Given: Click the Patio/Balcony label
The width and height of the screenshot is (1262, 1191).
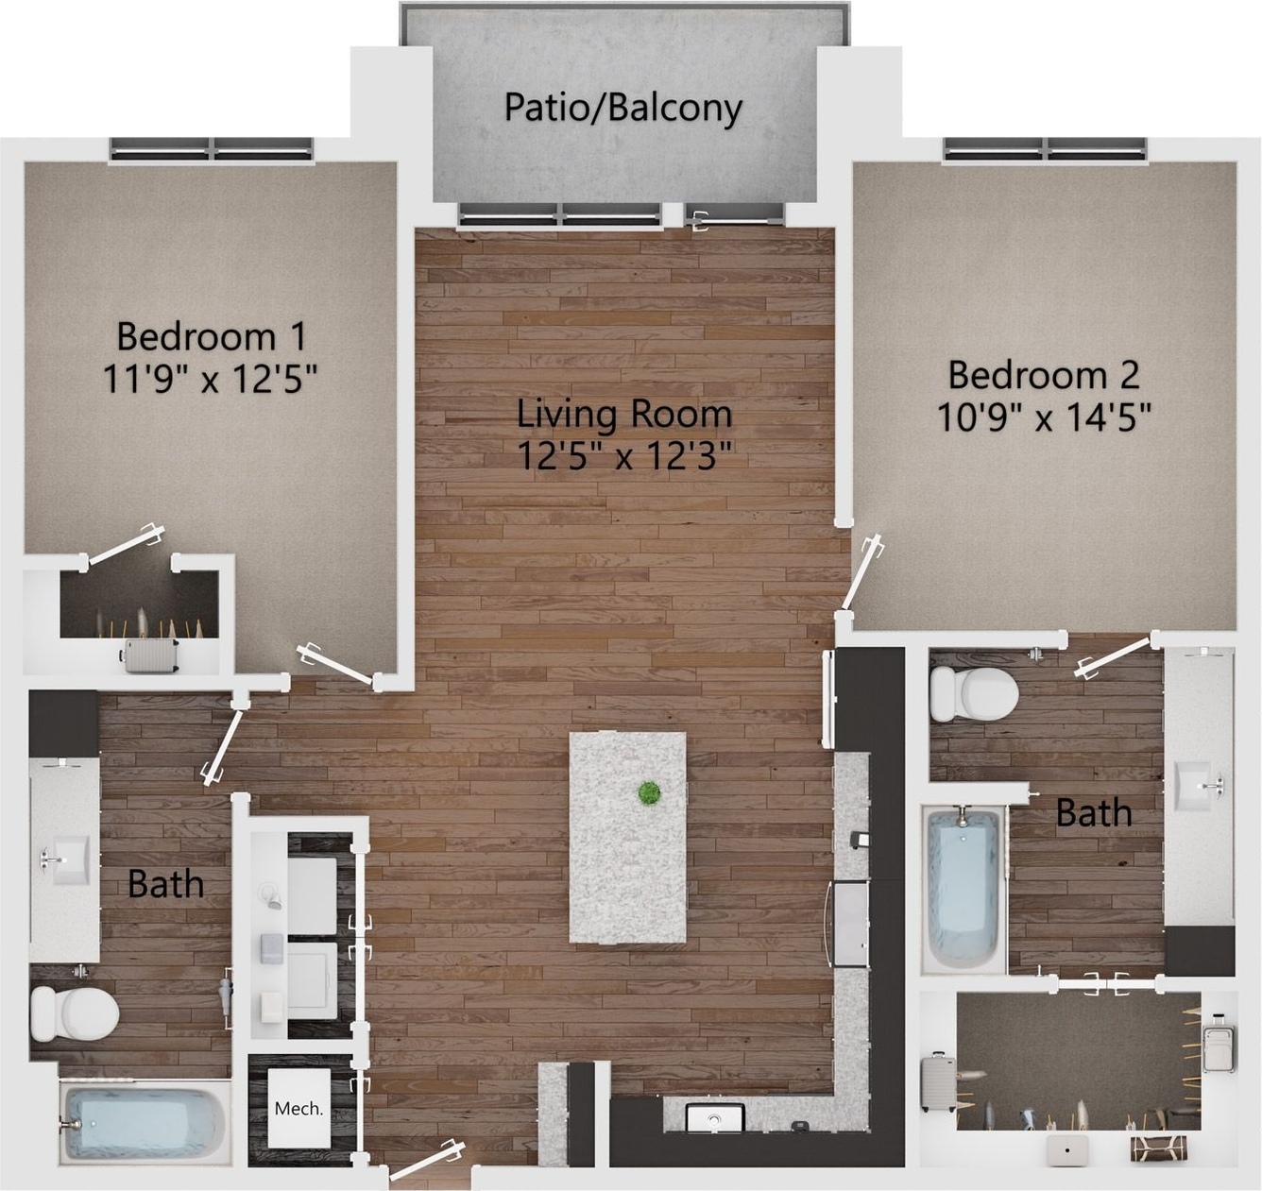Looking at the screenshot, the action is coord(623,108).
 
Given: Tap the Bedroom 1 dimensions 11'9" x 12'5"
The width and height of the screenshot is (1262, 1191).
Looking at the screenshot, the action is coord(211,379).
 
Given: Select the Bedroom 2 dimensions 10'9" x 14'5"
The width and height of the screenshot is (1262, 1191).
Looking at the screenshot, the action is coord(1044,417).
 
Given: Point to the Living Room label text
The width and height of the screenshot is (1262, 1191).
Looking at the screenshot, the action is coord(624,413).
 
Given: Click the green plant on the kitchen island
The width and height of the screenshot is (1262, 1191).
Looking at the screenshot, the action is coord(649,792).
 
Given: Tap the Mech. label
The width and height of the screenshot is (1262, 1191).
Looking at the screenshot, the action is coord(298,1109).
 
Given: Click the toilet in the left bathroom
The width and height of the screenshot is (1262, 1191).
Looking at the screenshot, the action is coord(75,1013).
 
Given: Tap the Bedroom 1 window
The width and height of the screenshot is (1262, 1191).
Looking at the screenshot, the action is coord(212,149).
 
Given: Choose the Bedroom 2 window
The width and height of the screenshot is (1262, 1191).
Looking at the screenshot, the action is coord(1046,149).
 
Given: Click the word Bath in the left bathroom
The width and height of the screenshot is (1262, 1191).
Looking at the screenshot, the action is coord(166,884).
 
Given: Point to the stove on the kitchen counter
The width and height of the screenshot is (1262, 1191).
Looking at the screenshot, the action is coord(850,925).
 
